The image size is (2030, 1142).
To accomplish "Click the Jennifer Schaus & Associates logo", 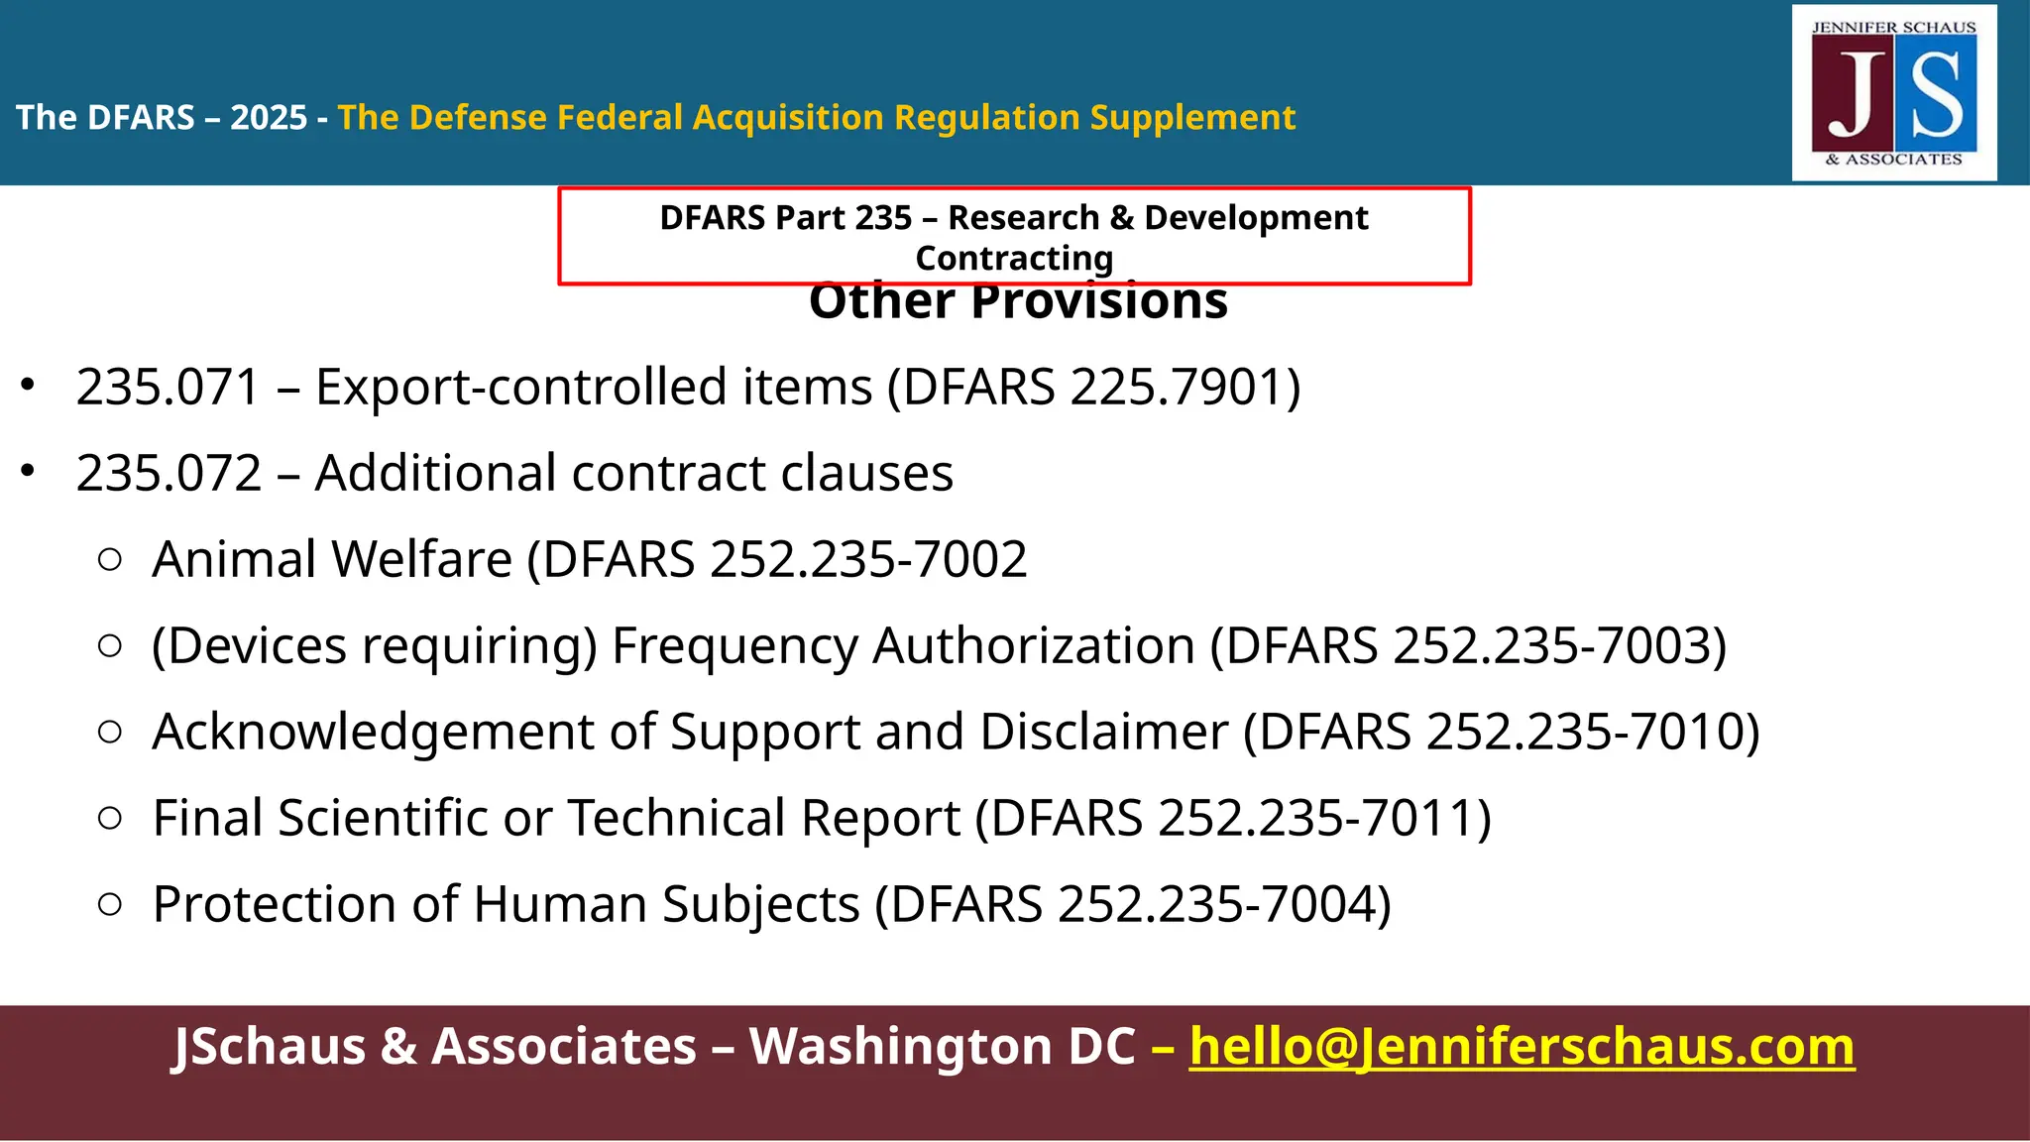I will (1893, 93).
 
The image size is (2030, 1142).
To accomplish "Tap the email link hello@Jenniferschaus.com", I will (1522, 1047).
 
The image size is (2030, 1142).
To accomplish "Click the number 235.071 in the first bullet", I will (168, 387).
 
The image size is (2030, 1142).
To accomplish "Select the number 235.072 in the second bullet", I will (169, 473).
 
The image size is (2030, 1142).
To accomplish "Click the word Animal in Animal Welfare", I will (234, 559).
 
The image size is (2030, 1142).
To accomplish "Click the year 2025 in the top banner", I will (269, 117).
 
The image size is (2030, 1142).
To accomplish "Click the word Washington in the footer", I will (942, 1047).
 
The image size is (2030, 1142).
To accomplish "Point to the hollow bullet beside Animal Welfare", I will (110, 560).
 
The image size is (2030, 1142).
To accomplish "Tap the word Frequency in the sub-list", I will (734, 645).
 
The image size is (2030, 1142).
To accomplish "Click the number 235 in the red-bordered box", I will (879, 217).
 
